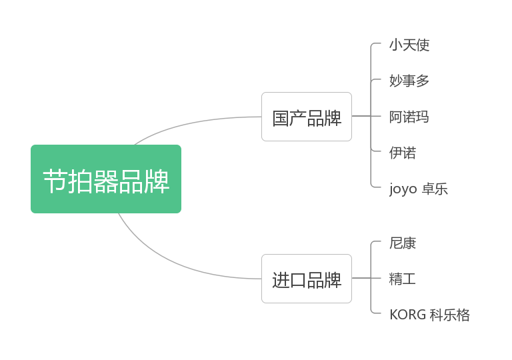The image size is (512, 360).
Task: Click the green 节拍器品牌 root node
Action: coord(105,179)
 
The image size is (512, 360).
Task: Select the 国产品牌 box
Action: coord(306,117)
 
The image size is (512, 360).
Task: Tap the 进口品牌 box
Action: coord(306,279)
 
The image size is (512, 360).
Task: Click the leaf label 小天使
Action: coord(409,45)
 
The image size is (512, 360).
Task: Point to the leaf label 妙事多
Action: coord(409,81)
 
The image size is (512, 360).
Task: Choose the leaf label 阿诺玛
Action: coord(409,117)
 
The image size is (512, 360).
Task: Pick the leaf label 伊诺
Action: coord(403,153)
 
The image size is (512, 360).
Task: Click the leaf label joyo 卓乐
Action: coord(419,189)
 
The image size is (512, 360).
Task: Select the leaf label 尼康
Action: coord(403,243)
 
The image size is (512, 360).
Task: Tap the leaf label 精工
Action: coord(403,279)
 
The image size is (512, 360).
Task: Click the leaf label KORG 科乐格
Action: coord(429,315)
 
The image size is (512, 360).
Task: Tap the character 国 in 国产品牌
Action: coord(281,117)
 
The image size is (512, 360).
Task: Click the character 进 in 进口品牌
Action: coord(281,279)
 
